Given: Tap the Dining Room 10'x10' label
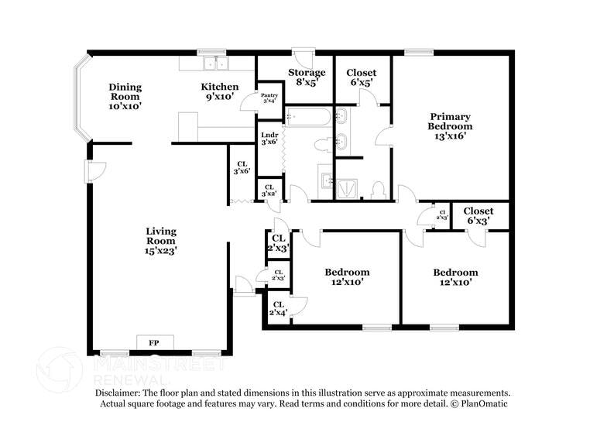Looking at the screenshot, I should click(125, 97).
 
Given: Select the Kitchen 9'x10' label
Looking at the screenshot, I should click(220, 92).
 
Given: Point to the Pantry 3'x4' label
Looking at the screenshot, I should click(270, 98).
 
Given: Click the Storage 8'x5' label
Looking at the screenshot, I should click(307, 77).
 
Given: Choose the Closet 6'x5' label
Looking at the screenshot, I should click(362, 77).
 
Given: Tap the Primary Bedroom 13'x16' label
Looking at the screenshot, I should click(450, 126).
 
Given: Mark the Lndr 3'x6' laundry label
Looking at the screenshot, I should click(269, 138).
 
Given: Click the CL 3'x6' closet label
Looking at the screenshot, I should click(242, 167).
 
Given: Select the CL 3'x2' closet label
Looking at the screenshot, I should click(269, 190).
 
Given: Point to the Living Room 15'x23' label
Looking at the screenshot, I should click(161, 241).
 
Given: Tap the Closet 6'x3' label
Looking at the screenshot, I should click(478, 216).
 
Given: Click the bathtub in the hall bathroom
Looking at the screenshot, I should click(308, 118).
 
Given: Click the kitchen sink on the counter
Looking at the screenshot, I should click(211, 63).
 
